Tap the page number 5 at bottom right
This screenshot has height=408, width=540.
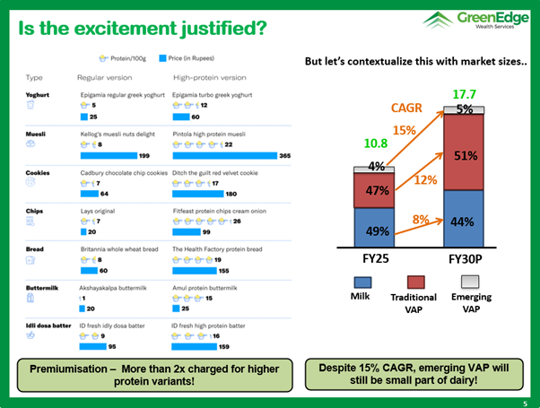pyautogui.click(x=526, y=403)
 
